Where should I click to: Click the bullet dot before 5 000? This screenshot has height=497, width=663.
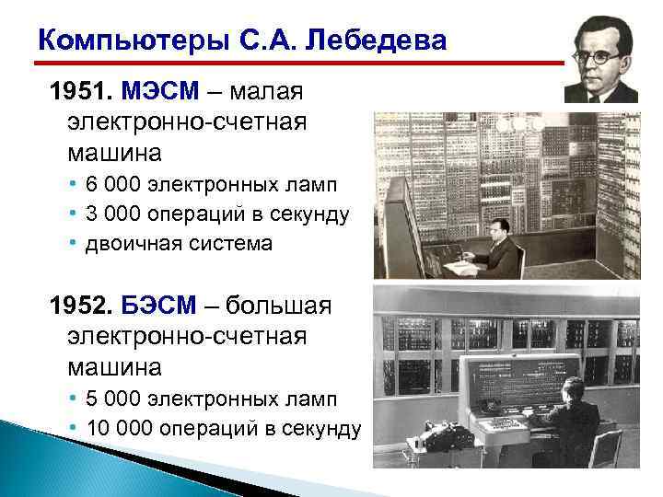coord(74,399)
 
